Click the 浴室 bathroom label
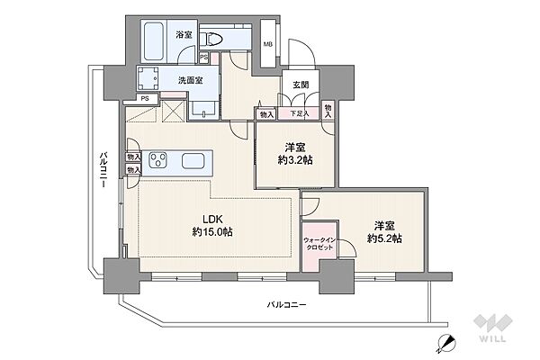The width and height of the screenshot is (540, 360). pyautogui.click(x=184, y=34)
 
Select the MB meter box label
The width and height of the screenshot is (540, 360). pyautogui.click(x=268, y=44)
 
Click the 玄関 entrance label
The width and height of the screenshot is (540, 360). pyautogui.click(x=301, y=85)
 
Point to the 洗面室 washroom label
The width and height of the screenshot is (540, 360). pyautogui.click(x=191, y=80)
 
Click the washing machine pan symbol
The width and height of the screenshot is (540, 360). pyautogui.click(x=148, y=78)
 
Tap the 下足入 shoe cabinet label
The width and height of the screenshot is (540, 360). pyautogui.click(x=299, y=113)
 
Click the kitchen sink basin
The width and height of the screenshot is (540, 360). pyautogui.click(x=193, y=160)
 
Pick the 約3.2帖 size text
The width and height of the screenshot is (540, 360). pyautogui.click(x=295, y=160)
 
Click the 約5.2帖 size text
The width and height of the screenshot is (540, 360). pyautogui.click(x=384, y=238)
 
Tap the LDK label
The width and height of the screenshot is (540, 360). pyautogui.click(x=212, y=220)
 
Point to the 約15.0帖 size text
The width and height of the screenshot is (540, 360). pyautogui.click(x=212, y=232)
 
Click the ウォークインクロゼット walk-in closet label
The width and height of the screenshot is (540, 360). pyautogui.click(x=319, y=244)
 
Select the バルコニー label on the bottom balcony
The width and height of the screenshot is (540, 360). pyautogui.click(x=286, y=305)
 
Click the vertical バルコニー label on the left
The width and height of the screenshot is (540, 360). pyautogui.click(x=103, y=170)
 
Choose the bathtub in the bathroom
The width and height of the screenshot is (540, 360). pyautogui.click(x=154, y=41)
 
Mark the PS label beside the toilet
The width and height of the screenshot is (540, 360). pyautogui.click(x=204, y=58)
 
